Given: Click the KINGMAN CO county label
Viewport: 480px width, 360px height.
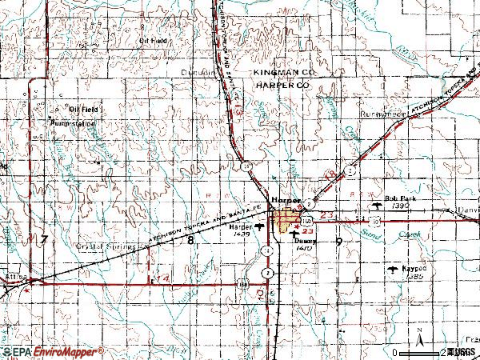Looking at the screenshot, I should pos(284,72).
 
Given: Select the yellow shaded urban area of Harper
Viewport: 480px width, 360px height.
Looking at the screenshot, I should pos(286,219).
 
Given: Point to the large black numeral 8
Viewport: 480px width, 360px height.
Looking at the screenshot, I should pos(190,240).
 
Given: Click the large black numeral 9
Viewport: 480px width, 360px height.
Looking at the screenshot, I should pos(340,241).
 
